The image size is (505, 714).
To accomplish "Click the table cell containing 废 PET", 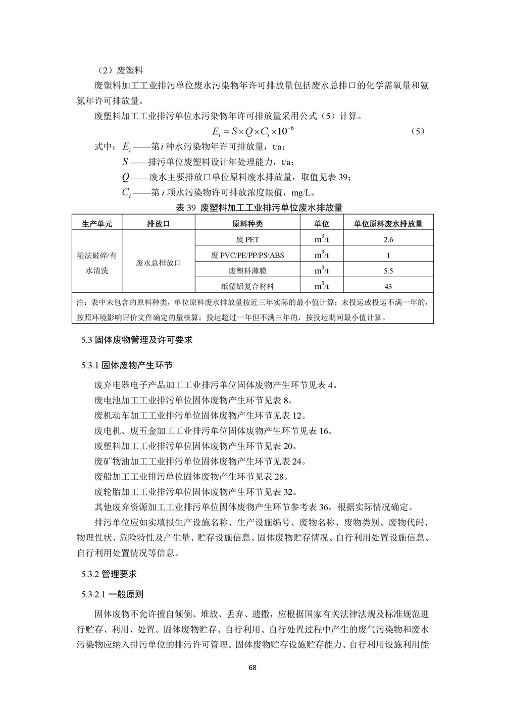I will click(x=247, y=239).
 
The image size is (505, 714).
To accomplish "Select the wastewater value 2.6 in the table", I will click(x=388, y=239).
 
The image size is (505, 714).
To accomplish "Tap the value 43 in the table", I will click(x=388, y=286).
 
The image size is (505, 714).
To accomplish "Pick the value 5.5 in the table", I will click(x=388, y=271).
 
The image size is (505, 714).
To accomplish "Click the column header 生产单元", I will click(x=97, y=224).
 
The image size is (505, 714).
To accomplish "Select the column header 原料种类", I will click(x=247, y=224).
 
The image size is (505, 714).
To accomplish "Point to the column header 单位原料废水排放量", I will click(x=388, y=224).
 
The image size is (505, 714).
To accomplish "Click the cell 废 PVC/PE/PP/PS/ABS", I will click(x=247, y=255).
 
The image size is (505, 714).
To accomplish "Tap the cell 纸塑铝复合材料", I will click(x=247, y=286).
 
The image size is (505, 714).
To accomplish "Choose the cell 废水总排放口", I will click(x=159, y=263).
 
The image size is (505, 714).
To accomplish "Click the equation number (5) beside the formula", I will click(x=418, y=131).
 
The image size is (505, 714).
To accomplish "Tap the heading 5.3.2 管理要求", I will click(x=109, y=574).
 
